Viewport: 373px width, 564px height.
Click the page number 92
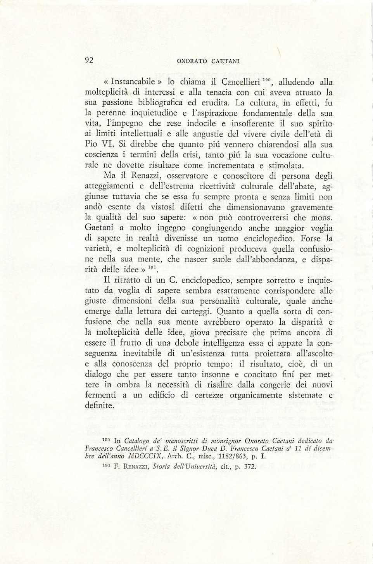[x=90, y=60]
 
